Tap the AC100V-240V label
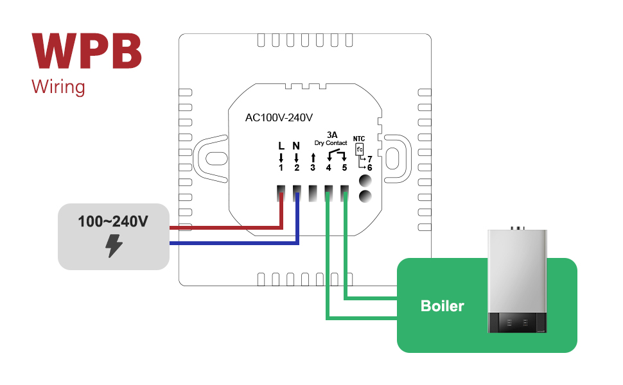279,118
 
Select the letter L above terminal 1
281,146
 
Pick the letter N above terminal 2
296,146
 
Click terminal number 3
313,168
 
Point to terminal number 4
328,168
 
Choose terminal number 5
344,168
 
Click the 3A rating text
332,135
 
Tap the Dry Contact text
331,143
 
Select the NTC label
359,138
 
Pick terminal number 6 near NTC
370,167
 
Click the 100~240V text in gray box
113,222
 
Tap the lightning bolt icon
114,246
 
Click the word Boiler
442,306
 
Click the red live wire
225,227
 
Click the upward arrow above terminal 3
313,157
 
